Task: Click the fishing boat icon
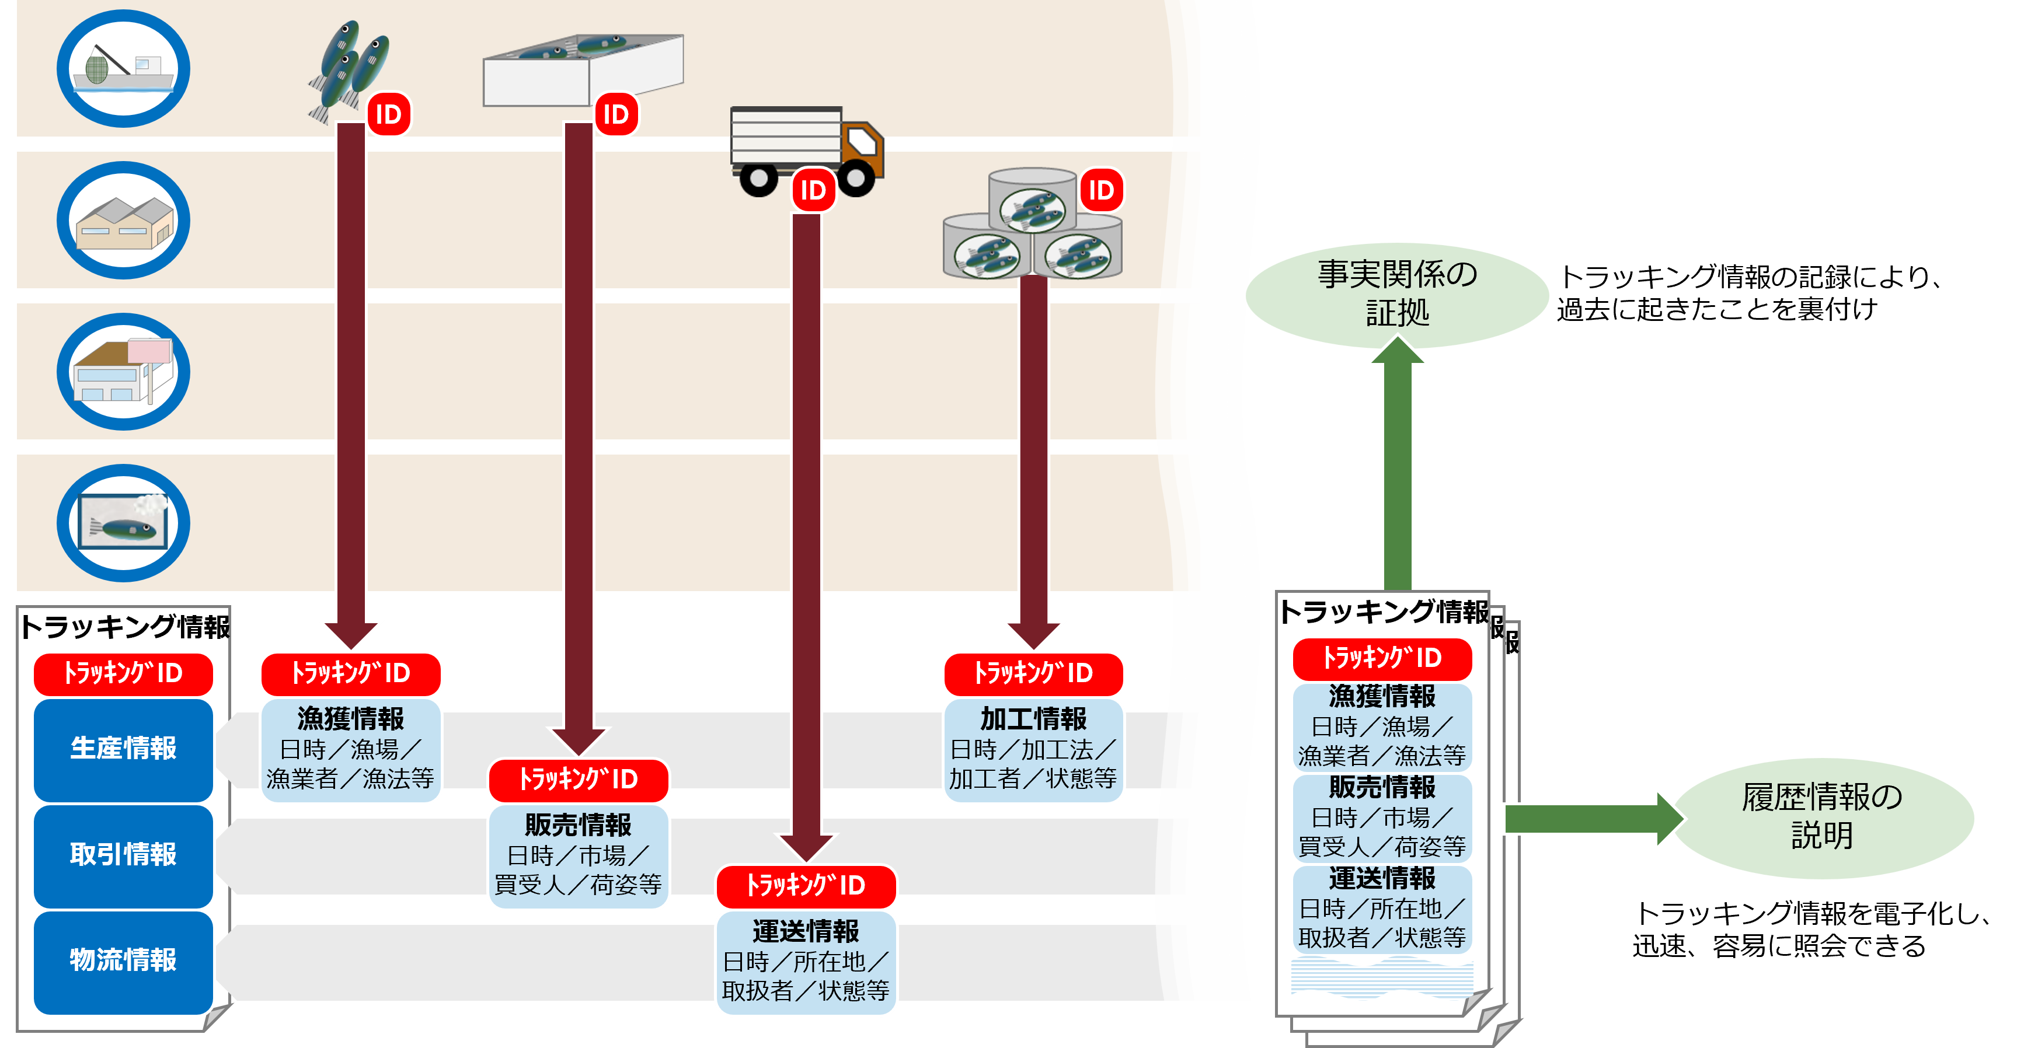(x=123, y=69)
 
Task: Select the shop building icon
(x=123, y=372)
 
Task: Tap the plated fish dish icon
(x=123, y=523)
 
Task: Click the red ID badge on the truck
(x=813, y=190)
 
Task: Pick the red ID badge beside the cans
(x=1101, y=190)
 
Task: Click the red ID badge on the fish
(x=388, y=115)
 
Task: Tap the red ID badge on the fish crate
(x=616, y=115)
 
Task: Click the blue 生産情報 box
(x=123, y=749)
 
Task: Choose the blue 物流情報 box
(x=123, y=960)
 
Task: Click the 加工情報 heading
(x=1033, y=719)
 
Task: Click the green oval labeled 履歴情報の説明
(x=1822, y=817)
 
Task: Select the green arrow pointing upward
(x=1397, y=463)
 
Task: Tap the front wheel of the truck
(x=856, y=177)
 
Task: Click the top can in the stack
(x=1032, y=200)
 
